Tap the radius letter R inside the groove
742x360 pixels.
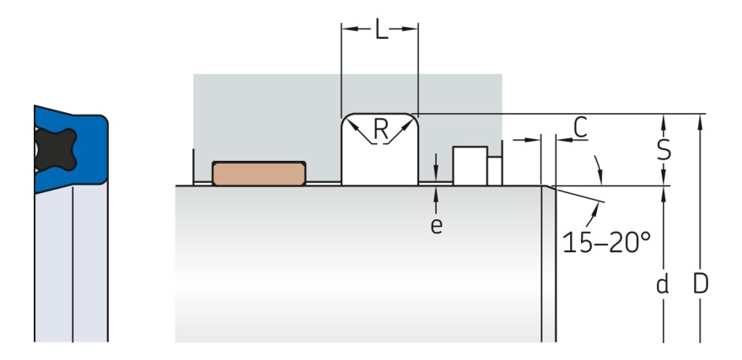coord(381,129)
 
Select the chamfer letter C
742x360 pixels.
coord(580,126)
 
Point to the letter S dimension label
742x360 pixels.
coord(664,149)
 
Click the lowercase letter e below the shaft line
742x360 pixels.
coord(436,225)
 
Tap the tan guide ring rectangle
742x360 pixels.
coord(258,173)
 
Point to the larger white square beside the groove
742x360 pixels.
coord(470,165)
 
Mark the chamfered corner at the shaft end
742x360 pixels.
coord(547,187)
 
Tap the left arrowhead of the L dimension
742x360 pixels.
coord(346,30)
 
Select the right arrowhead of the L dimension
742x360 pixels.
coord(412,30)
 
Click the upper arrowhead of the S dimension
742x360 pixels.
coord(664,119)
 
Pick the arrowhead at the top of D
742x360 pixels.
coord(700,120)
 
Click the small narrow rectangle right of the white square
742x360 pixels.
coord(495,170)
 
